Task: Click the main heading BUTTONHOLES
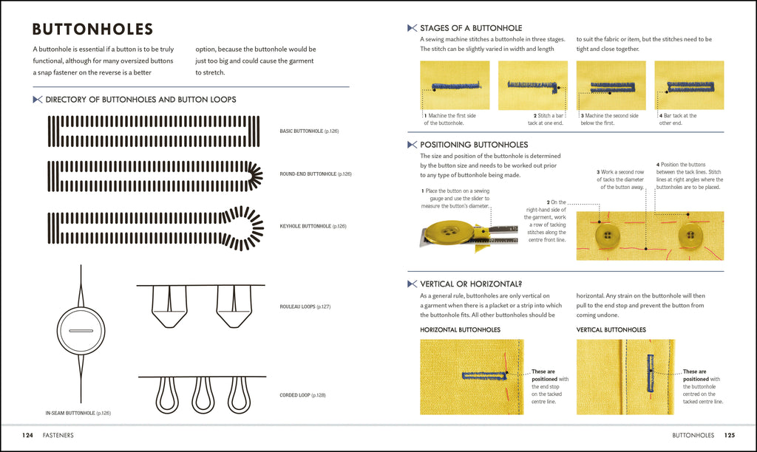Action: click(x=92, y=30)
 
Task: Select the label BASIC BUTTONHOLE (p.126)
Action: click(x=309, y=131)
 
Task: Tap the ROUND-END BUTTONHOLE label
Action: click(x=315, y=174)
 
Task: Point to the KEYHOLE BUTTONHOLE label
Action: click(x=313, y=226)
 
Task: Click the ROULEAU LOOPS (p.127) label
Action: click(x=305, y=306)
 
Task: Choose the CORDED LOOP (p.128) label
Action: click(x=302, y=395)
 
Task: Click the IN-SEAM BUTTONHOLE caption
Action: click(x=78, y=413)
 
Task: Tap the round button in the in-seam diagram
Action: click(x=81, y=331)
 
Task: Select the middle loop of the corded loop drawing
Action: click(x=203, y=394)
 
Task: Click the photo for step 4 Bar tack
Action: click(x=689, y=85)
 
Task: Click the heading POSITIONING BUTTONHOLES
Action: click(x=473, y=145)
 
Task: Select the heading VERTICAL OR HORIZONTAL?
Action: click(x=470, y=284)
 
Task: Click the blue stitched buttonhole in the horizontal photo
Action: click(x=481, y=375)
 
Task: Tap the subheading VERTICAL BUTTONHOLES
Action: click(x=611, y=329)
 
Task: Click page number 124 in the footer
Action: click(x=27, y=435)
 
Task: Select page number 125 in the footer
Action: click(x=729, y=435)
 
